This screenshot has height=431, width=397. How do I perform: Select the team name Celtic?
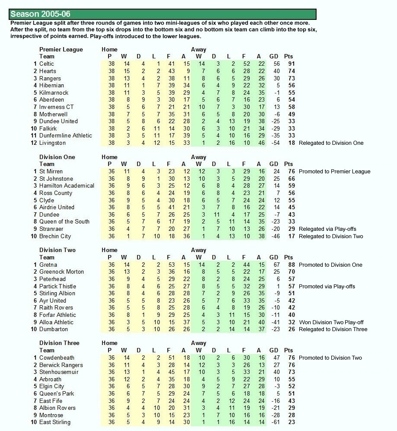point(47,64)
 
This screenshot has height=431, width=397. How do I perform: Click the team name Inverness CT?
point(56,107)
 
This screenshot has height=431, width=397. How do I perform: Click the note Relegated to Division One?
point(331,143)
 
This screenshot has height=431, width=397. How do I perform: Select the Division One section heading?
point(57,157)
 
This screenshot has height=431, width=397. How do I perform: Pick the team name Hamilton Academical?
point(67,186)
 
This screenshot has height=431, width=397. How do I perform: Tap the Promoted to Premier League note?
point(334,172)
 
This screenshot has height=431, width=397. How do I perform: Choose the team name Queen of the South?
point(64,222)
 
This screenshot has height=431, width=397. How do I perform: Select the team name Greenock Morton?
point(61,272)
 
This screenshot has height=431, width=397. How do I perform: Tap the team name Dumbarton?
point(54,329)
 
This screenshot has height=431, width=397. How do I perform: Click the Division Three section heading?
point(59,343)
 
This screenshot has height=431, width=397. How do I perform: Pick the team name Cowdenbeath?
point(57,358)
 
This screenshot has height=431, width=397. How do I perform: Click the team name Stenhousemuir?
point(59,372)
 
